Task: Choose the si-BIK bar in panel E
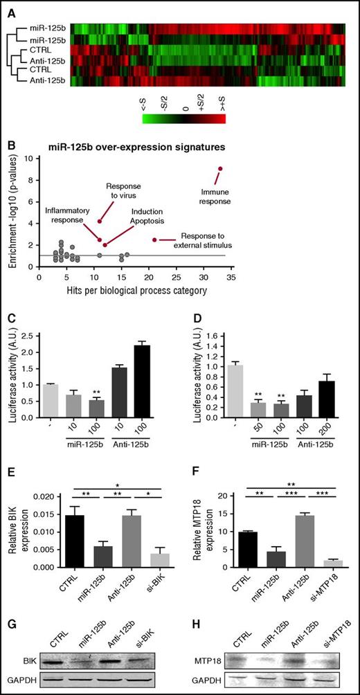[x=160, y=559]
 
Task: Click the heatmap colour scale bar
[x=183, y=119]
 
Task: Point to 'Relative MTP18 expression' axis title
[x=201, y=531]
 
